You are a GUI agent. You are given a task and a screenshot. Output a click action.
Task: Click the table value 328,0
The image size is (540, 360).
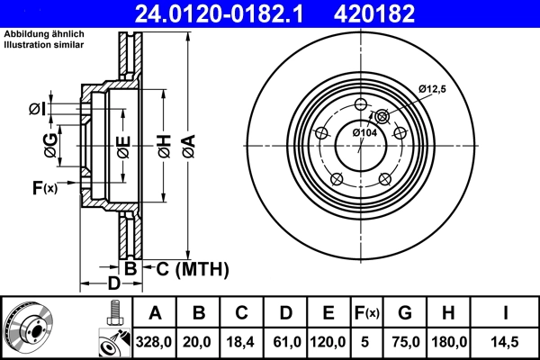point(155,342)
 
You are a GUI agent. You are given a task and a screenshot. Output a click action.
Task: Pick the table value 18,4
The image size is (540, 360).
point(242,342)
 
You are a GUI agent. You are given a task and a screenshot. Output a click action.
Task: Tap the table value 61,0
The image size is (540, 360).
point(285,342)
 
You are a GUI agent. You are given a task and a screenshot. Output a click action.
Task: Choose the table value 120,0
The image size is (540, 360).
point(328,342)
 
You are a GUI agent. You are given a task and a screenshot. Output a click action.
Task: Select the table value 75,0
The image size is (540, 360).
point(405,342)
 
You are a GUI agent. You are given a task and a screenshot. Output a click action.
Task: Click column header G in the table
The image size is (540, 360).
point(405,313)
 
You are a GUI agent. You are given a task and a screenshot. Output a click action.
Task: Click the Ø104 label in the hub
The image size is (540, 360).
point(364,132)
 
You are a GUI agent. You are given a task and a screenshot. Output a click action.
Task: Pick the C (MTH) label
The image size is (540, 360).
point(193,268)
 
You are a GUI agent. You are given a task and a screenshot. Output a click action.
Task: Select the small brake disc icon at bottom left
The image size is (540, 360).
point(29,328)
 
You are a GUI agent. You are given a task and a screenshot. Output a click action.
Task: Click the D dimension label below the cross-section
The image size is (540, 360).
point(112,285)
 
